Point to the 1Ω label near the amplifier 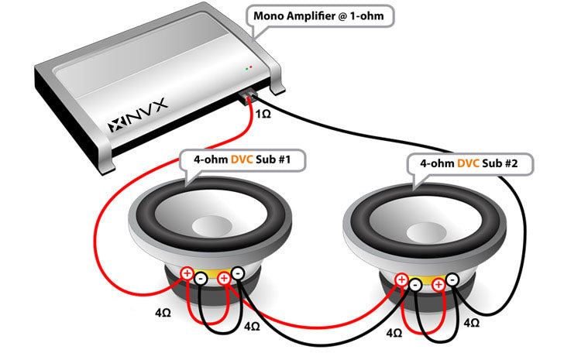click(x=264, y=115)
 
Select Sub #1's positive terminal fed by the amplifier click(x=187, y=273)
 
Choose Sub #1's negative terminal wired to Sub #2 click(x=237, y=273)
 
